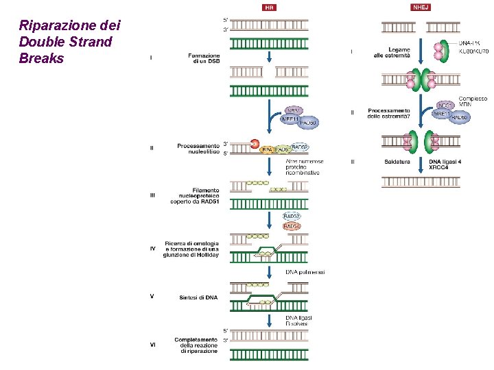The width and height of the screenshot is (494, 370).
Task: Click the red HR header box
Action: [x=270, y=8]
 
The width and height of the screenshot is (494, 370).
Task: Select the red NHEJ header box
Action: [x=421, y=8]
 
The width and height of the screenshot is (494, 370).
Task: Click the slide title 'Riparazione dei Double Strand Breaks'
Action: [x=69, y=42]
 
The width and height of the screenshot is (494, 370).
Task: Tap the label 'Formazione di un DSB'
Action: [x=204, y=58]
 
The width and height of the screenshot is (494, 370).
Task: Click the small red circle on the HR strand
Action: [x=255, y=145]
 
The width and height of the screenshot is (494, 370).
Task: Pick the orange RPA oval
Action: [x=268, y=149]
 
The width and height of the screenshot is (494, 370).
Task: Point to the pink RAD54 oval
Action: [x=292, y=226]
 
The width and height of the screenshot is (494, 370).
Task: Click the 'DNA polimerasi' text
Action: [x=305, y=272]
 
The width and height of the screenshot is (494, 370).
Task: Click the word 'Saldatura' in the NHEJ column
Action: [x=397, y=162]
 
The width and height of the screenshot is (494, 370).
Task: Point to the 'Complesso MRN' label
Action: [x=473, y=101]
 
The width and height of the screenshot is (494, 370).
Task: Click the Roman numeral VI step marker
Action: [x=152, y=345]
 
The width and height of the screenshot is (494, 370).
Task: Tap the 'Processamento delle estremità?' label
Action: [x=389, y=114]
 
